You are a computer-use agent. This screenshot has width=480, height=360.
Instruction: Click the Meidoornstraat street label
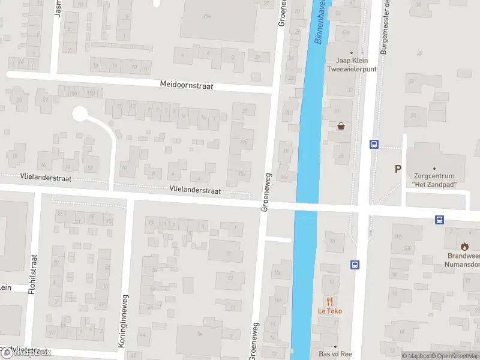[x=187, y=85]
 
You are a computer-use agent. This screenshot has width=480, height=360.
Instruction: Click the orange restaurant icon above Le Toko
[x=329, y=301]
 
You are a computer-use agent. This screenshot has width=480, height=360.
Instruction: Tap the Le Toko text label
[x=329, y=311]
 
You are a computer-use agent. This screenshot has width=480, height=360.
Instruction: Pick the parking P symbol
[x=397, y=169]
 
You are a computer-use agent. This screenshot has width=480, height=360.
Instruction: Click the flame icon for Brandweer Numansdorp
[x=464, y=246]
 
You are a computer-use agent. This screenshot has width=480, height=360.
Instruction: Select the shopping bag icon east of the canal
[x=341, y=126]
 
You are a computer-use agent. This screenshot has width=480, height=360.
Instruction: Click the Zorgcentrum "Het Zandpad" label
[x=435, y=180]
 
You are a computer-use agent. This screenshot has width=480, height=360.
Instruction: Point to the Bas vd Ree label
[x=335, y=353]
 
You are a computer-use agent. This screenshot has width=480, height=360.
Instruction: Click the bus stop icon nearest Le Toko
[x=355, y=265]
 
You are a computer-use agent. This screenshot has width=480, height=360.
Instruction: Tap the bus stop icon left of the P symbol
[x=374, y=144]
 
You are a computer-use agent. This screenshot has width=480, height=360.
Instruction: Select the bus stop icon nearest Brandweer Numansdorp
[x=440, y=220]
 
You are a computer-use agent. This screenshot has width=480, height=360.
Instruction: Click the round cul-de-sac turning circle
[x=80, y=113]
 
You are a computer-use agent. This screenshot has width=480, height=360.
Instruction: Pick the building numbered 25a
[x=207, y=16]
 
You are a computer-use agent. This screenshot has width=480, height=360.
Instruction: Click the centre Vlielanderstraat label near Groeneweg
[x=195, y=190]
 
